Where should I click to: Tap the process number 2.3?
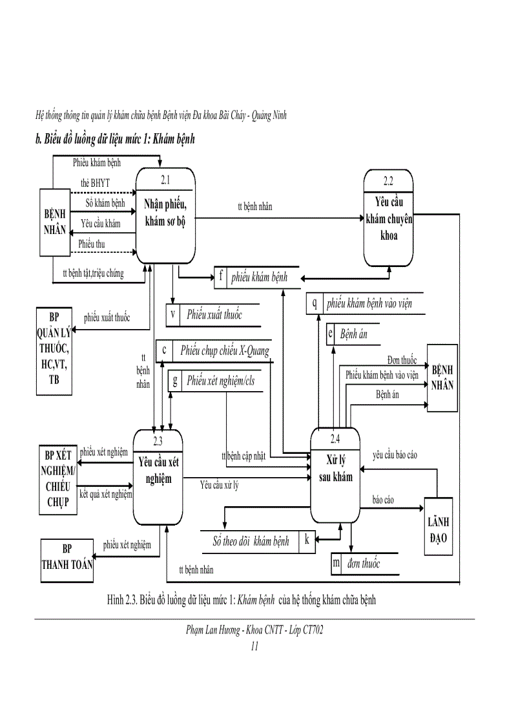158,441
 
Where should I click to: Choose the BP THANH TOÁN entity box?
67,557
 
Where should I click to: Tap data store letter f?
221,277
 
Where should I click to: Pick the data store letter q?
315,303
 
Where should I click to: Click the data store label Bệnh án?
353,334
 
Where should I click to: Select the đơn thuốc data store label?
363,564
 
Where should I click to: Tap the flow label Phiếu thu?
92,244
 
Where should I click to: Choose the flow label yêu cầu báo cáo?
395,455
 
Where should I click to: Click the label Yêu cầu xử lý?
219,485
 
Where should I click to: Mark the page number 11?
254,645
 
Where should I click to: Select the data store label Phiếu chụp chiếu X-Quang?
224,350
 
